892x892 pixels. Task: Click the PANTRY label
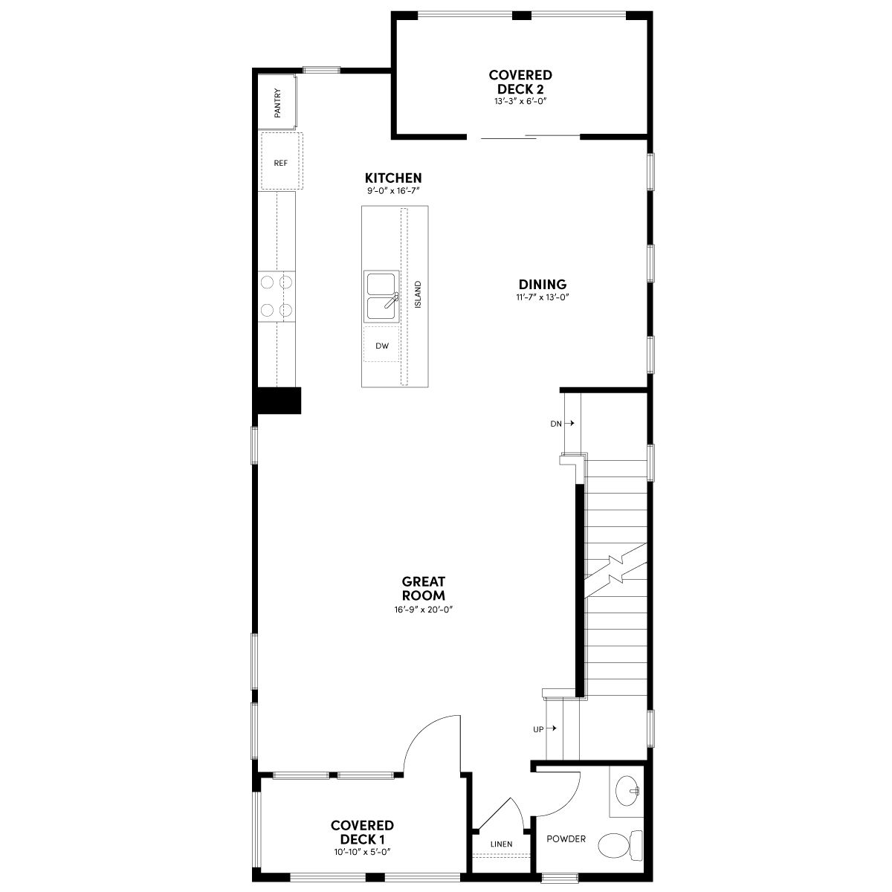coord(277,103)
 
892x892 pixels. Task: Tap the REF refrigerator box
coord(282,161)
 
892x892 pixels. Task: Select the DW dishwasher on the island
coord(381,344)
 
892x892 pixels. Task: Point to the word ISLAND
coord(418,294)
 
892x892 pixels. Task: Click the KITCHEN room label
coord(393,178)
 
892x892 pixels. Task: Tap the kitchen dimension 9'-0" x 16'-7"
coord(393,191)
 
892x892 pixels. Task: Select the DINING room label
coord(543,284)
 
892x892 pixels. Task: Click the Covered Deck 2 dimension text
coord(520,101)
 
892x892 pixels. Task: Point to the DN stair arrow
coord(569,423)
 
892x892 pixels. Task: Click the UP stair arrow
coord(552,728)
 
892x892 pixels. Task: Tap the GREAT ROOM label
coord(423,588)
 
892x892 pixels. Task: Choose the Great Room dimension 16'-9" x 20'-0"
coord(423,610)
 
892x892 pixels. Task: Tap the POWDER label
coord(566,838)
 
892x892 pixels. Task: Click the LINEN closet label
coord(501,844)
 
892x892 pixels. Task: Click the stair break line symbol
coord(615,570)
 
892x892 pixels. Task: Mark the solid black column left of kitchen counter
coord(277,401)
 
